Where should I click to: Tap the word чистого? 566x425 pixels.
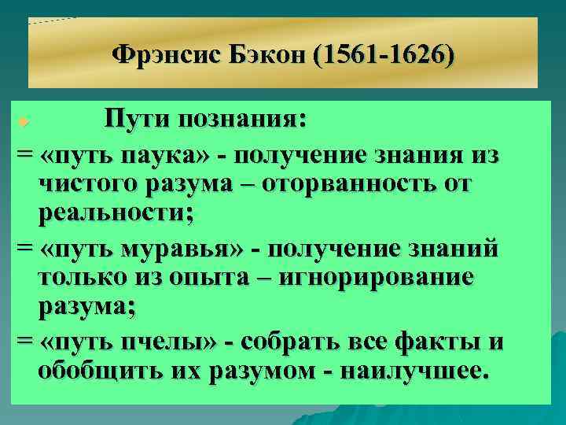click(x=86, y=184)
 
